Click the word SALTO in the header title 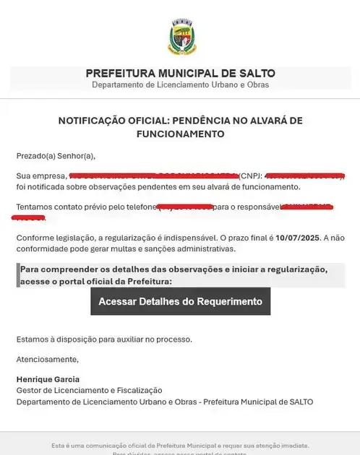[x=255, y=73]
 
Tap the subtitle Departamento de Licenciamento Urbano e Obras [x=180, y=85]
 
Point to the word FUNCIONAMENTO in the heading [x=180, y=134]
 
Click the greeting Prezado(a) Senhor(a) [x=56, y=155]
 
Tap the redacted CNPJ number [x=304, y=175]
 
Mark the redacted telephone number [x=184, y=207]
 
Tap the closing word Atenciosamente [x=48, y=359]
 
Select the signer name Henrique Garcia [x=48, y=379]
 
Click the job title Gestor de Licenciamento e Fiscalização [x=89, y=390]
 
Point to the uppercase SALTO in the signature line [x=300, y=402]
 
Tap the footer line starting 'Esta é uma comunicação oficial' [x=180, y=445]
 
